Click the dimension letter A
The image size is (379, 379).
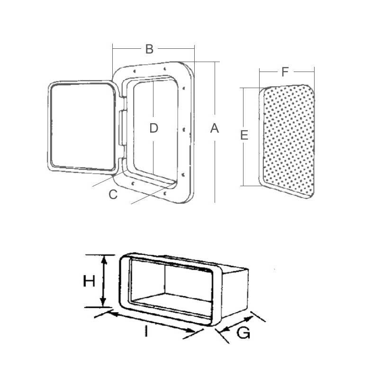215,128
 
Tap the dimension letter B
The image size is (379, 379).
149,49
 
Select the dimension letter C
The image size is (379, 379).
113,194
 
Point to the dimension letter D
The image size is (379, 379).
153,128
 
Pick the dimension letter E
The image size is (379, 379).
244,135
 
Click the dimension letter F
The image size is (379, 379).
285,72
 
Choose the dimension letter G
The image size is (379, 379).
244,333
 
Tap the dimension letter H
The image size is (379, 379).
89,281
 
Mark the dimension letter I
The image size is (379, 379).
146,331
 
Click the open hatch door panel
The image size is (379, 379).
83,127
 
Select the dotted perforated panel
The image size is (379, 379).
287,141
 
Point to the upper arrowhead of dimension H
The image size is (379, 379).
104,260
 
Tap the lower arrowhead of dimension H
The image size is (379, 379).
103,302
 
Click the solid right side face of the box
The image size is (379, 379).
235,293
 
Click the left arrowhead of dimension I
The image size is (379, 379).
113,314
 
